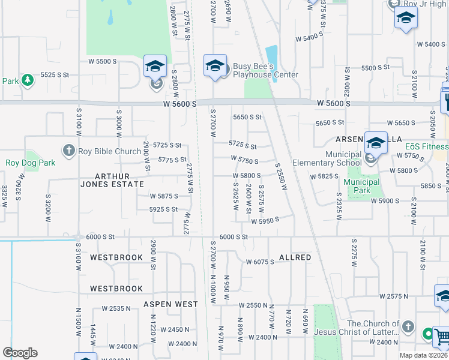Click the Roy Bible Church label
[109, 151]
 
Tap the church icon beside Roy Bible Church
[69, 151]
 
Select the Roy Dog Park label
[30, 163]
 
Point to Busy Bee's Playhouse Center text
[265, 70]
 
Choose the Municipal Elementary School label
[327, 158]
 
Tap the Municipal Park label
[363, 186]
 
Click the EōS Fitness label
[426, 146]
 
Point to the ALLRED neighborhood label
[295, 257]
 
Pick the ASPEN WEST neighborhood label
[170, 304]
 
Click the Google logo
[20, 353]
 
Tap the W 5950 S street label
[265, 221]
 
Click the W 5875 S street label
[164, 196]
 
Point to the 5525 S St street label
[55, 74]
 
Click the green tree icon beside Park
[27, 80]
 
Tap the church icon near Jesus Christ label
[408, 327]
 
